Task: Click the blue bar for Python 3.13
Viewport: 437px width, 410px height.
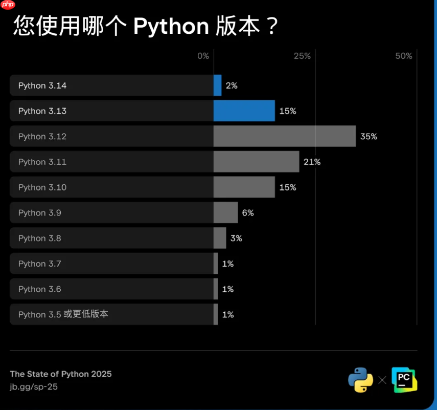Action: pos(244,111)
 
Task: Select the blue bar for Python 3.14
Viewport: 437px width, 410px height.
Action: pos(217,85)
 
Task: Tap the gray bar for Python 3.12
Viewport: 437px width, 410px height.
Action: pos(284,136)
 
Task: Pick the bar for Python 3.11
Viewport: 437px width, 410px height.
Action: pos(256,162)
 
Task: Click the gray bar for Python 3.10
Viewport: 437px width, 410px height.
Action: pos(244,187)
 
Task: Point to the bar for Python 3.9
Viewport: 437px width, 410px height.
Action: pos(225,212)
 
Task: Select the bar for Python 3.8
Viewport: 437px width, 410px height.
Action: pos(220,238)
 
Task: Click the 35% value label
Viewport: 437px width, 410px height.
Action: pos(368,137)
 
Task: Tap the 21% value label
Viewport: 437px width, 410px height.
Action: pos(312,162)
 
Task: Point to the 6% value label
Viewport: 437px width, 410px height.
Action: pos(248,213)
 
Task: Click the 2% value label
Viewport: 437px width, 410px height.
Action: pos(232,85)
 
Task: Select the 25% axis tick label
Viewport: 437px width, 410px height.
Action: pos(302,56)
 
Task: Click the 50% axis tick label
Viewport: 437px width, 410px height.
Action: pos(404,56)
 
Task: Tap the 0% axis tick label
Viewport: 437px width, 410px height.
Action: pos(203,56)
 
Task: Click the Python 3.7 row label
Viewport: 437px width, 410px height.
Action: pos(39,264)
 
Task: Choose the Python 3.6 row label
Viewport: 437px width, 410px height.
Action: pos(39,289)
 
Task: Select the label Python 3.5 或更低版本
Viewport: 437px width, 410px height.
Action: pos(63,314)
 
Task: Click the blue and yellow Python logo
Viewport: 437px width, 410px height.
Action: pos(361,380)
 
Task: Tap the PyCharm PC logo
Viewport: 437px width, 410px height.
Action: pos(404,380)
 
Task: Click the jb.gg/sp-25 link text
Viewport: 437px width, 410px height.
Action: pos(34,387)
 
